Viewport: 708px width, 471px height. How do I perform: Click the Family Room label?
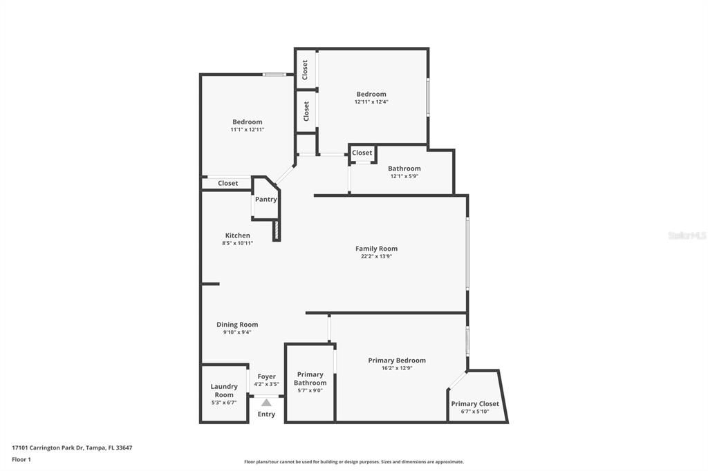(376, 249)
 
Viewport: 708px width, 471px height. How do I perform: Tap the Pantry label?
(265, 200)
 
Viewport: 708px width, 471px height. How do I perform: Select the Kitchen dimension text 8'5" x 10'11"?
(237, 243)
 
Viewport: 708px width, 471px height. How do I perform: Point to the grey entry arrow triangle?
(266, 402)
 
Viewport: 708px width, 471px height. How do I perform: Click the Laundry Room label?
(224, 391)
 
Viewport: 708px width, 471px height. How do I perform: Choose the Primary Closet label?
(474, 404)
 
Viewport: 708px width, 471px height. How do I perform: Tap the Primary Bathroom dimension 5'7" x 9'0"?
(310, 391)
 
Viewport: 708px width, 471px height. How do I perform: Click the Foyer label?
(266, 376)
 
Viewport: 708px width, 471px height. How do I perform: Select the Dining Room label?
(237, 325)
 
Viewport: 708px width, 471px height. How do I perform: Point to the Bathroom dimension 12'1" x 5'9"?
(404, 176)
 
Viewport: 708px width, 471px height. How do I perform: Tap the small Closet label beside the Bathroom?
(362, 153)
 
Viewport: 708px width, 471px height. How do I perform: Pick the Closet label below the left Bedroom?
(227, 183)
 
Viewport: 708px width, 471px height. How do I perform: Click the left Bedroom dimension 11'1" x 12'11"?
(247, 129)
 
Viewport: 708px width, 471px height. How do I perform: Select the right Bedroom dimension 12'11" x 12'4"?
(371, 102)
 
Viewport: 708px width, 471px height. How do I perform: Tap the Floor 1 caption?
(21, 459)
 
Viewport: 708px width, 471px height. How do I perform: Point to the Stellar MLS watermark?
(687, 236)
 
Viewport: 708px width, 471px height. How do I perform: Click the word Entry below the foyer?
(266, 414)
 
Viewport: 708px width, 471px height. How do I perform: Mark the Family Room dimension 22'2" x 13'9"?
(376, 256)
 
